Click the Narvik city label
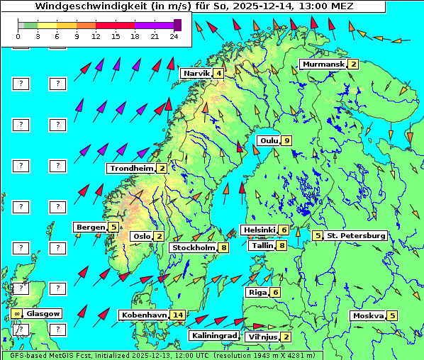pyautogui.click(x=196, y=74)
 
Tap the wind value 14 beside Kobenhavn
pyautogui.click(x=179, y=315)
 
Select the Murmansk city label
pyautogui.click(x=323, y=64)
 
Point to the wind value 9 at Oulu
pyautogui.click(x=286, y=140)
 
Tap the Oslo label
pyautogui.click(x=141, y=237)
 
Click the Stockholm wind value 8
pyautogui.click(x=223, y=248)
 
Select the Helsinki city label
pyautogui.click(x=259, y=230)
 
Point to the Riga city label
pyautogui.click(x=256, y=293)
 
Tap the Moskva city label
pyautogui.click(x=368, y=316)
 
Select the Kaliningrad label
pyautogui.click(x=213, y=336)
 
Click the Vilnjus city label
pyautogui.click(x=262, y=337)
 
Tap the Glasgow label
pyautogui.click(x=44, y=313)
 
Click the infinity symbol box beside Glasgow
pyautogui.click(x=16, y=313)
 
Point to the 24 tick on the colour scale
pyautogui.click(x=174, y=35)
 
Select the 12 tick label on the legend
pyautogui.click(x=96, y=35)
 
